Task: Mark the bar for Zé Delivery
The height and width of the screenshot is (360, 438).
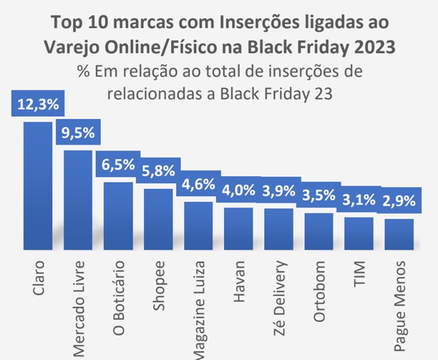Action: click(278, 227)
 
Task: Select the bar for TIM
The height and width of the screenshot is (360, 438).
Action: click(359, 232)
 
